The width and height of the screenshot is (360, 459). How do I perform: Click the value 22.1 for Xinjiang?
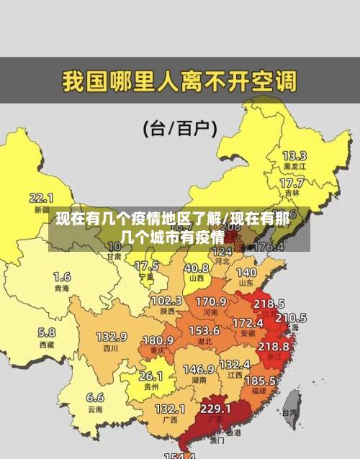tap(41, 197)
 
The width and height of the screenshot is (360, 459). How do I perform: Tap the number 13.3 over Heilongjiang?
tap(294, 155)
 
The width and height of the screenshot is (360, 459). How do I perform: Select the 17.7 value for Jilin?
tap(291, 183)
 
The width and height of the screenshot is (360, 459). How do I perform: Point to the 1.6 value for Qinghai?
tap(62, 277)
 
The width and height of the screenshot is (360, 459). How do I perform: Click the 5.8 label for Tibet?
tap(47, 332)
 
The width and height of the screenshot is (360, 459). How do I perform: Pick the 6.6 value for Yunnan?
tap(95, 397)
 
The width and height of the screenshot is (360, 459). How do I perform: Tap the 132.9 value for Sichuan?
tap(112, 337)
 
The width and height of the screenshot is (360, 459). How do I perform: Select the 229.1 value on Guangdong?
tap(215, 408)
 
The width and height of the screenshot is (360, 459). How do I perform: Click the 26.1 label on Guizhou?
tap(150, 376)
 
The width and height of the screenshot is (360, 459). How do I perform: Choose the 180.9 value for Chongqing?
tap(158, 340)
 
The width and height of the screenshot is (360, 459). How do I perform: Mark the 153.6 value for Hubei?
tap(204, 330)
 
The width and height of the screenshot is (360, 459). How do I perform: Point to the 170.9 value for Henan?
tap(211, 301)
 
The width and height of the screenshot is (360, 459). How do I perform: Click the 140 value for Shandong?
tap(246, 273)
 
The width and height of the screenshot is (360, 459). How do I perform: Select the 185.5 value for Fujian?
tap(260, 380)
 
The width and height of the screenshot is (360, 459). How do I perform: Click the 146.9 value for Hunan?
tap(199, 369)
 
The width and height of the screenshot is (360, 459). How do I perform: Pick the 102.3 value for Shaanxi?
tap(166, 300)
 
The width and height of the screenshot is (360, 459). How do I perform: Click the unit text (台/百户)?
tap(180, 129)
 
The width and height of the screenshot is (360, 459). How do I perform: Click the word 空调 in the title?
tap(274, 81)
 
